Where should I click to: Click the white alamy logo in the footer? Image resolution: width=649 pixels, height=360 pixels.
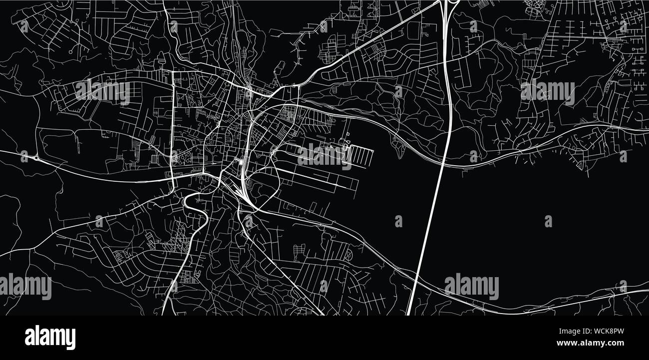tap(50, 338)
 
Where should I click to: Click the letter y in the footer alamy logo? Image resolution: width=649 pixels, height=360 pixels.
tap(70, 339)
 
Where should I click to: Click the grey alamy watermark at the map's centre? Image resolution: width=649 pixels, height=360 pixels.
tap(324, 156)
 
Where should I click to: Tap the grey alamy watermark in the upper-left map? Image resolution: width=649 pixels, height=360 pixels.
tap(102, 92)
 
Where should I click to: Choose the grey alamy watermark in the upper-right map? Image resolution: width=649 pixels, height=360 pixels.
tap(547, 92)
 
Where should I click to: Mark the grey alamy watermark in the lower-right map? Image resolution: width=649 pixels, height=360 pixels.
tap(471, 286)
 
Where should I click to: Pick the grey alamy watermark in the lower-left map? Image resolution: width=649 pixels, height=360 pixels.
tap(25, 286)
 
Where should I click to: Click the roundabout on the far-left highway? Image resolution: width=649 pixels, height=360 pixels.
tap(35, 158)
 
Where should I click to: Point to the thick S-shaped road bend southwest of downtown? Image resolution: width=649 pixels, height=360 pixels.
tap(195, 205)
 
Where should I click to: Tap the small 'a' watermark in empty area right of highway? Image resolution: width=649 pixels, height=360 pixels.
tap(548, 221)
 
